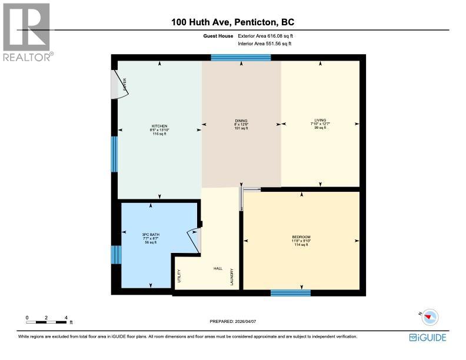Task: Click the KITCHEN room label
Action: pyautogui.click(x=159, y=126)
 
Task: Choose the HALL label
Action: pyautogui.click(x=217, y=268)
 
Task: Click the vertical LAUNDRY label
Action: pyautogui.click(x=233, y=277)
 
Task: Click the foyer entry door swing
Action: pyautogui.click(x=120, y=85)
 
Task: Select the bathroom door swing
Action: pyautogui.click(x=195, y=239)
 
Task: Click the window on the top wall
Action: pyautogui.click(x=241, y=57)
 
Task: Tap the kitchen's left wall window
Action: pyautogui.click(x=114, y=154)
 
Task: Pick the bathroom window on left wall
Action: pyautogui.click(x=115, y=255)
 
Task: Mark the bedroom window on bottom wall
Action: pyautogui.click(x=290, y=292)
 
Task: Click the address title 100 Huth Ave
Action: pyautogui.click(x=232, y=22)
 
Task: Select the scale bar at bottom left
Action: pyautogui.click(x=47, y=321)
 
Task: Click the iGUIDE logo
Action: pyautogui.click(x=428, y=337)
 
